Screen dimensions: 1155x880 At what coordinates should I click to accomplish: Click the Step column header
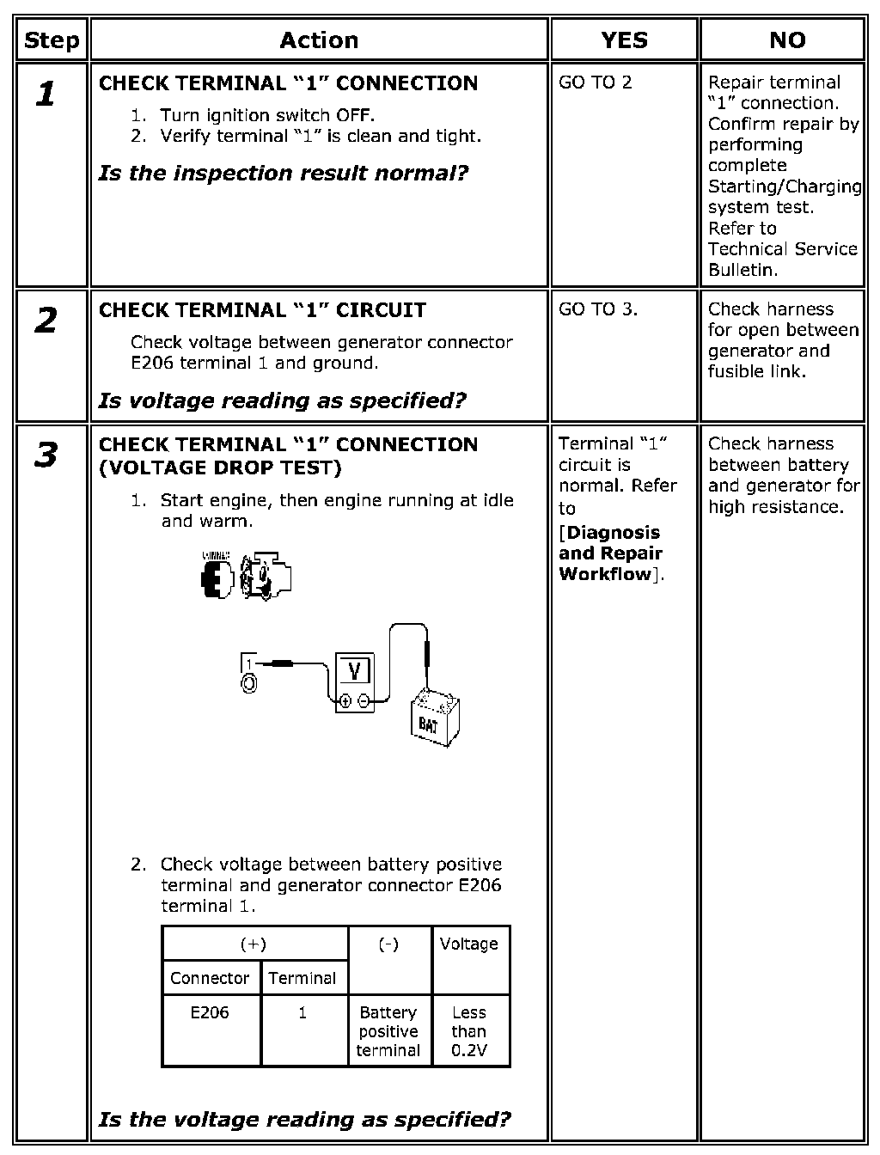52,40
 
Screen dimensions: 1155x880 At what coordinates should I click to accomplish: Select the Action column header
319,40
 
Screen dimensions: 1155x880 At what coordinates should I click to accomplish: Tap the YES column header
624,40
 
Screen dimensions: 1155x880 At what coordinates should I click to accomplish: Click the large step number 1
46,94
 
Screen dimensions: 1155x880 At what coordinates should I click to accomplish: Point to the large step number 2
46,321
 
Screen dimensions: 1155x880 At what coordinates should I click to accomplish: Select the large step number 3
46,455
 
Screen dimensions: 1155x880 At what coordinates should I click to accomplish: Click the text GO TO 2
595,82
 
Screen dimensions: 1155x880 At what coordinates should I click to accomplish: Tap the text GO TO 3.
598,309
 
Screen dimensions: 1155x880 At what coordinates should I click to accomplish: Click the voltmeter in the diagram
354,681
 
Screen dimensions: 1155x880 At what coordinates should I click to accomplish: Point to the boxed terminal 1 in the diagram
248,663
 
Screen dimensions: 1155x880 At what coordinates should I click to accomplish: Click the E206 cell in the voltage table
210,1012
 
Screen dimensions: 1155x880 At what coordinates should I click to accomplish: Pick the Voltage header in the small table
468,944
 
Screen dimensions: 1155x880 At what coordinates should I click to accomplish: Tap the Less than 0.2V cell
468,1031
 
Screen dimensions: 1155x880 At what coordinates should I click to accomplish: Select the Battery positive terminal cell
388,1031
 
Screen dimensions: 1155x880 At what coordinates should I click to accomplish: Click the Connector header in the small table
210,978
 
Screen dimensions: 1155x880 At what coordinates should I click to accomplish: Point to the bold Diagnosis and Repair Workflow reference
609,553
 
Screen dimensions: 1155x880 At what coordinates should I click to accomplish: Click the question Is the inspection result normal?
284,174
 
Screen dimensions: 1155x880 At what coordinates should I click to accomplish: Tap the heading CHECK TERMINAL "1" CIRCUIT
262,310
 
